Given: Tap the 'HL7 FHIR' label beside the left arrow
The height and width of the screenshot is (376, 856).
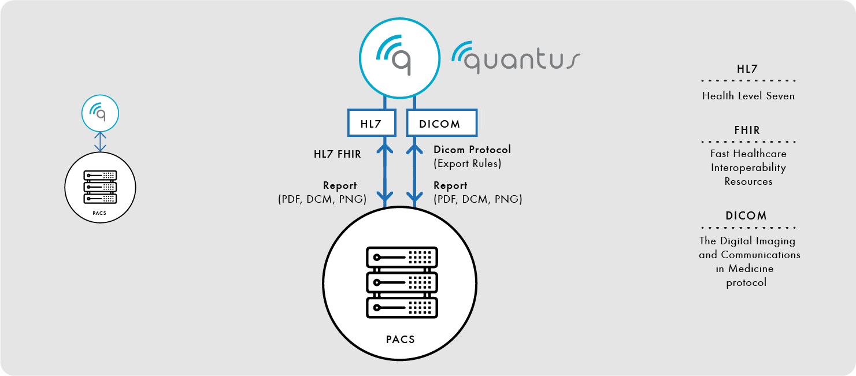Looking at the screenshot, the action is [x=338, y=154].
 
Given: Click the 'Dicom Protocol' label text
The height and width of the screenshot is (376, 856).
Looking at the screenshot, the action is [x=472, y=149].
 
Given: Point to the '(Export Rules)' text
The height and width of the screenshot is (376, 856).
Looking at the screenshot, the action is [x=468, y=163].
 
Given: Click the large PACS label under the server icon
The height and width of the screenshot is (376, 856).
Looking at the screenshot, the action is [x=400, y=340].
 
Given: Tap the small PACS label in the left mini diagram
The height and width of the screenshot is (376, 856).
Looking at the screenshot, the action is [x=99, y=213].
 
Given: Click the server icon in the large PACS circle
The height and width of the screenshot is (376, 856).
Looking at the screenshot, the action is [x=402, y=282].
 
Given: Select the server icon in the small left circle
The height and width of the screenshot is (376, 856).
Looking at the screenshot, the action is [x=100, y=187].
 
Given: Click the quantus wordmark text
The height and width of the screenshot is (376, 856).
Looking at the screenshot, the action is [x=516, y=58].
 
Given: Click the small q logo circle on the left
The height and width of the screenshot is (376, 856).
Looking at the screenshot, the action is [x=100, y=113].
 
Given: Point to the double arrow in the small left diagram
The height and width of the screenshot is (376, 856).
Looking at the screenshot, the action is [x=100, y=142].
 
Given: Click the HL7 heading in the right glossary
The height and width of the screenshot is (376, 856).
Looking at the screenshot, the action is [x=747, y=69].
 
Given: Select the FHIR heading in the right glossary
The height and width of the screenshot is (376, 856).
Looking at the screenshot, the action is [x=747, y=130].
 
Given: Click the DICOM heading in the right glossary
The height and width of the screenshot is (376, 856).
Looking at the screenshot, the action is [x=746, y=215].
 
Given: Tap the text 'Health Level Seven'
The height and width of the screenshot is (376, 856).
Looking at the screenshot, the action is [x=748, y=96].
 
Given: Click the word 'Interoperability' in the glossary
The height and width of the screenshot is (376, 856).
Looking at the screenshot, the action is [x=748, y=167].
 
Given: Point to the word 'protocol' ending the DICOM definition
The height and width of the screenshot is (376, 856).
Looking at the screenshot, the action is [x=746, y=283].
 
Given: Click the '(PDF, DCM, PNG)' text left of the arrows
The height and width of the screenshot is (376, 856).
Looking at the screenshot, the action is [x=322, y=199].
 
